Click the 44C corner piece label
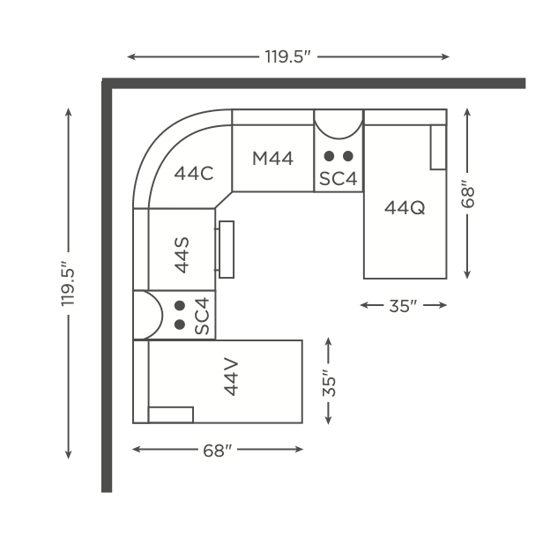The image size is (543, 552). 194,173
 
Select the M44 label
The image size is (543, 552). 272,159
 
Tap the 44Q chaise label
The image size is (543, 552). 405,208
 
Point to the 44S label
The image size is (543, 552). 182,255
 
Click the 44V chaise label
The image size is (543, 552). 231,377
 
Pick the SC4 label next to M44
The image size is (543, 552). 338,178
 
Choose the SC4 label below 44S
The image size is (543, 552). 202,316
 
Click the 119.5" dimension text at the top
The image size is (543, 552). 288,56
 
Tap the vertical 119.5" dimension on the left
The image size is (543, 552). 68,284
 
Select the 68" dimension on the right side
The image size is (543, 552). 468,194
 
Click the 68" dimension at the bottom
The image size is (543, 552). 218,451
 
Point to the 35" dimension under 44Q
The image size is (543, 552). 404,306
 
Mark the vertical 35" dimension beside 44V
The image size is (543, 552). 329,383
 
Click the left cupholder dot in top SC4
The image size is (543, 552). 329,156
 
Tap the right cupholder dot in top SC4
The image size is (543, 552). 347,156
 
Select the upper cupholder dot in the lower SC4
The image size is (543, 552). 180,306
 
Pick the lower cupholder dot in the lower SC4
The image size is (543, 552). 180,324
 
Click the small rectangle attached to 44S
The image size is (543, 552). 227,250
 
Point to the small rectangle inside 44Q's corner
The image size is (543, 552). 438,147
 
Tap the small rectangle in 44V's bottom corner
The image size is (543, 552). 171,414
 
